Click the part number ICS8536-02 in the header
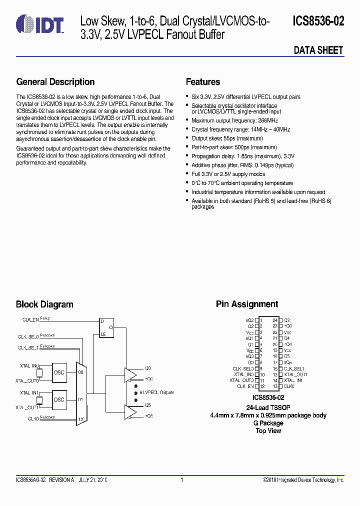[x=318, y=21]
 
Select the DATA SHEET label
[x=318, y=50]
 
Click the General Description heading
[x=55, y=82]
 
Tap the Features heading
[x=203, y=82]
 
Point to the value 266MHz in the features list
[x=267, y=120]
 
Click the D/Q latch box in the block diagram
[x=106, y=328]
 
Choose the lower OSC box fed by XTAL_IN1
[x=59, y=399]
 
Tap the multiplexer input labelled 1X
[x=81, y=418]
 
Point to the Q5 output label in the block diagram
[x=147, y=405]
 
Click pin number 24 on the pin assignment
[x=275, y=320]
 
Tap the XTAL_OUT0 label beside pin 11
[x=241, y=380]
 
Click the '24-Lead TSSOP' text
[x=268, y=407]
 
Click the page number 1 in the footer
[x=181, y=480]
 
